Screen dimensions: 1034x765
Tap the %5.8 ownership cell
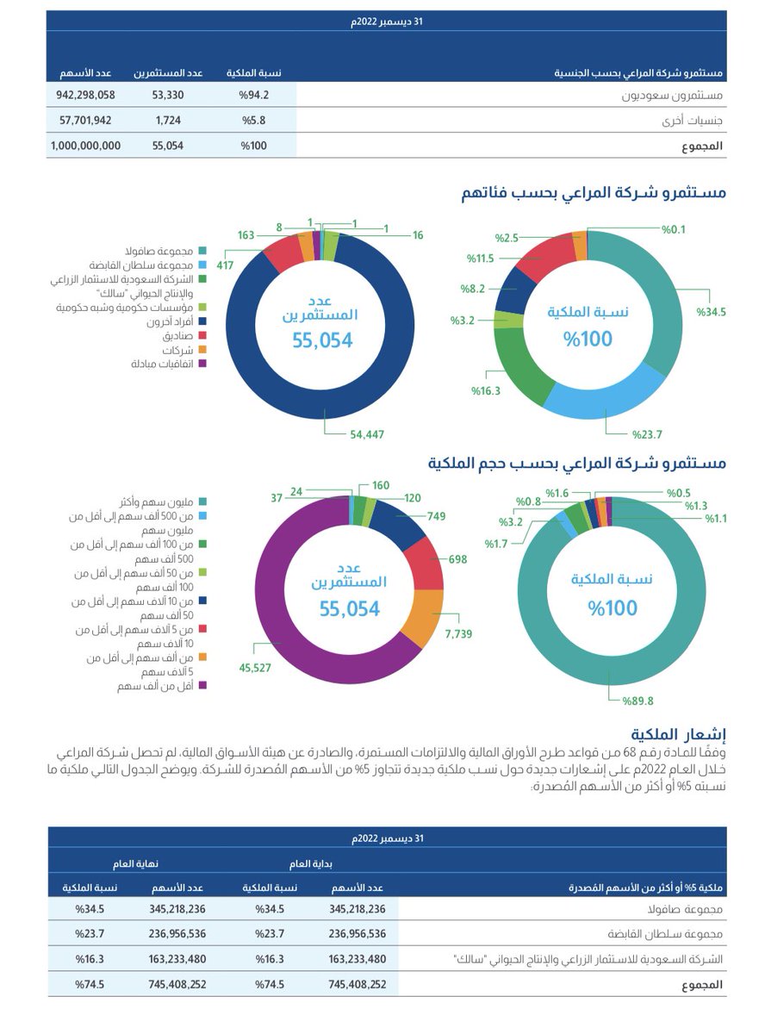(255, 120)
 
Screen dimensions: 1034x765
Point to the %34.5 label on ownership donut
(712, 311)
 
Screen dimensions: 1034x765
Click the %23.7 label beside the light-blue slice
(647, 433)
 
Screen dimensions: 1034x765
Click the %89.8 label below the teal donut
(637, 701)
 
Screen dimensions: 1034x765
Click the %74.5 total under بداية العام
(265, 983)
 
